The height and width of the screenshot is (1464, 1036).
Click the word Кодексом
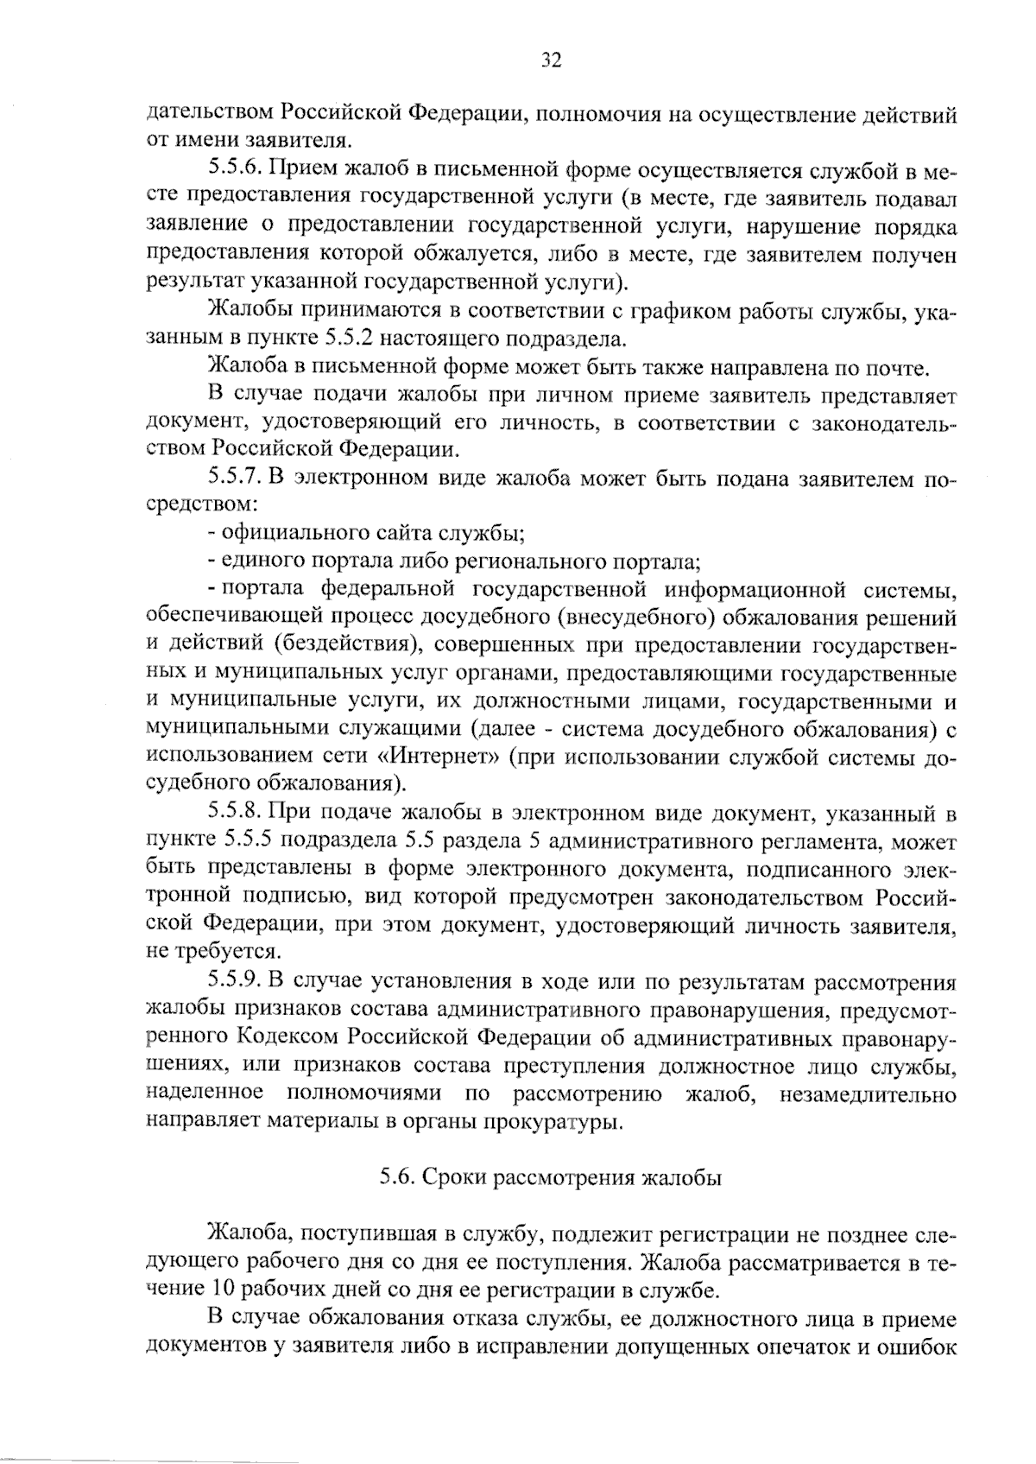click(x=295, y=1039)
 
